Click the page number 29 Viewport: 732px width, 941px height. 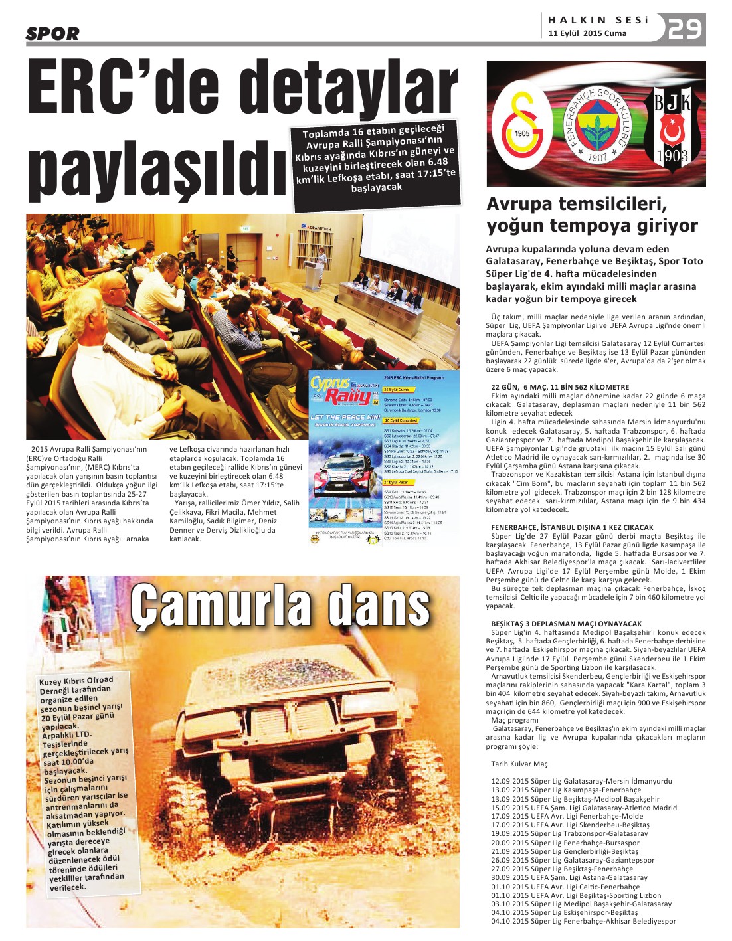[685, 29]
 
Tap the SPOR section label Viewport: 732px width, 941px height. [52, 33]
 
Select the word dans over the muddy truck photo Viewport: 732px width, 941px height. [378, 606]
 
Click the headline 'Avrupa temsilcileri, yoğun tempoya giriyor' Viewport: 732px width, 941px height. [592, 214]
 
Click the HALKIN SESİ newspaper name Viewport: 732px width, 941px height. [598, 20]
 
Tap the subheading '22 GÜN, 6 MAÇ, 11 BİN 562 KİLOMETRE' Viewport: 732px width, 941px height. [559, 387]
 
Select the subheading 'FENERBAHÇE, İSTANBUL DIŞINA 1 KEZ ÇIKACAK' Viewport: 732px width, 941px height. [572, 527]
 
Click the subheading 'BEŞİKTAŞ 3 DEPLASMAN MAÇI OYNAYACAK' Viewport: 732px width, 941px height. [566, 624]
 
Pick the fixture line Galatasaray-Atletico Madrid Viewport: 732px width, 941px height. [584, 808]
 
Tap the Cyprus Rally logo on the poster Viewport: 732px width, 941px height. [343, 391]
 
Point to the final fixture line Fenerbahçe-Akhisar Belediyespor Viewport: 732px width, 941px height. [583, 921]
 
